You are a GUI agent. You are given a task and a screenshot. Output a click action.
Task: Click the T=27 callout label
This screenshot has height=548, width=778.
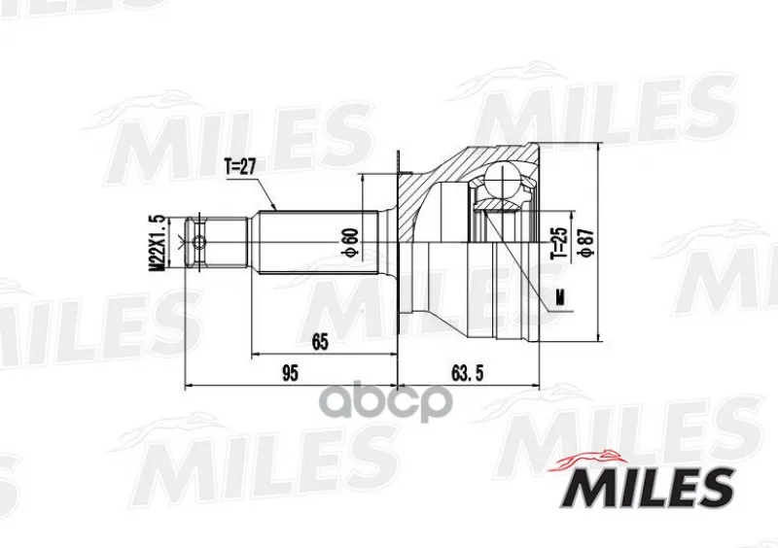[x=239, y=168]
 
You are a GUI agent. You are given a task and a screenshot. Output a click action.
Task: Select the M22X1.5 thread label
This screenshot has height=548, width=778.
[x=157, y=243]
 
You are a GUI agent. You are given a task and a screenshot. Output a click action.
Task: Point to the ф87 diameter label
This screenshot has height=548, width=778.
[x=587, y=243]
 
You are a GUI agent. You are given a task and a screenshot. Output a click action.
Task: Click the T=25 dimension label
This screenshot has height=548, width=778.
[x=560, y=243]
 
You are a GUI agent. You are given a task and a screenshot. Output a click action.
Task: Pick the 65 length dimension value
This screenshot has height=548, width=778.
[x=320, y=342]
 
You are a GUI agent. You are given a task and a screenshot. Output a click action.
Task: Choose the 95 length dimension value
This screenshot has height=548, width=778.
[x=290, y=373]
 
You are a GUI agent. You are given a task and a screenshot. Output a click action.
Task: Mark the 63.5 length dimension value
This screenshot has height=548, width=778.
[x=467, y=373]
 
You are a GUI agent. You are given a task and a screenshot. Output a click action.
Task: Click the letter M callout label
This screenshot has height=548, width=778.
[x=561, y=297]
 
